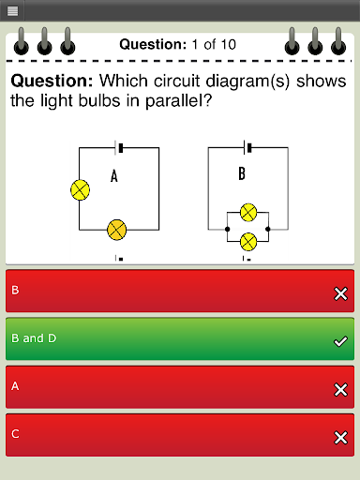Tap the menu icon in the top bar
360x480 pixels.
click(x=12, y=11)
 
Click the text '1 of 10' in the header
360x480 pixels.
click(x=214, y=44)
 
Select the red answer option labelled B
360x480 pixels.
click(x=180, y=291)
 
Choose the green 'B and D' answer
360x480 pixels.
click(x=180, y=338)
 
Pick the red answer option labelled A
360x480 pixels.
click(x=180, y=387)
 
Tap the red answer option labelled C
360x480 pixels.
click(x=180, y=435)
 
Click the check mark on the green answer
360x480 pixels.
click(x=340, y=341)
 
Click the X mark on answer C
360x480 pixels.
click(x=340, y=438)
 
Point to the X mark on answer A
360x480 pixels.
click(x=340, y=390)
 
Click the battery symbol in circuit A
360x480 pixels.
click(x=119, y=148)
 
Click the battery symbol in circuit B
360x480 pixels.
click(x=247, y=147)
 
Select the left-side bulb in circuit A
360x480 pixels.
click(x=81, y=190)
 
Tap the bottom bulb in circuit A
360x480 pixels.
click(x=117, y=230)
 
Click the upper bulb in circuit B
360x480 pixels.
click(x=248, y=213)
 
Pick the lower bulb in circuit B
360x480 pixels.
click(x=248, y=242)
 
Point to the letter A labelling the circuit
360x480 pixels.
click(x=114, y=175)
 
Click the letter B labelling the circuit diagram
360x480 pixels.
click(x=242, y=173)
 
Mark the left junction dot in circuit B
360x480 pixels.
click(x=227, y=229)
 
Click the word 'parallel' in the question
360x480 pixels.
click(x=179, y=101)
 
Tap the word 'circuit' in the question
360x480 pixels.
click(x=176, y=81)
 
